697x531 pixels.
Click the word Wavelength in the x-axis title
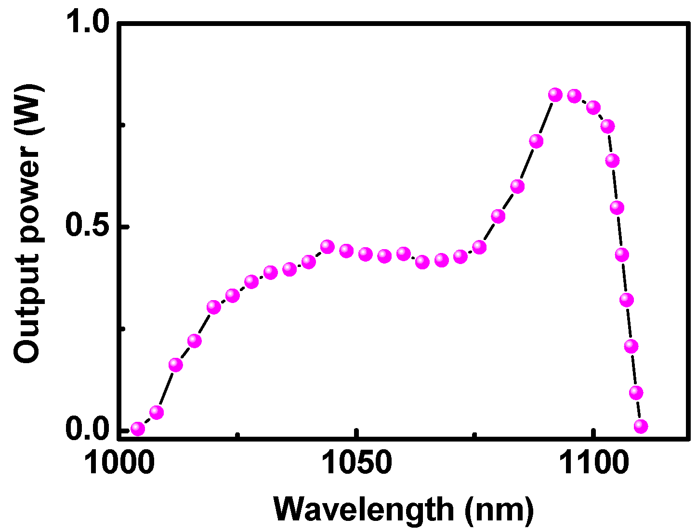364,509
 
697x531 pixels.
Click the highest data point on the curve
555,94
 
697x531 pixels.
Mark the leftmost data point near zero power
138,428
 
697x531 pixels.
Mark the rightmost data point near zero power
641,426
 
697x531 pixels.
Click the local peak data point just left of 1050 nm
328,247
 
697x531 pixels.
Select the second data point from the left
157,412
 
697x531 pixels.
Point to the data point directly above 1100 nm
593,107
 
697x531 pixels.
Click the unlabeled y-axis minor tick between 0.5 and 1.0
122,125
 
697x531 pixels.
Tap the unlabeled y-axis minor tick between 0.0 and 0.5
122,329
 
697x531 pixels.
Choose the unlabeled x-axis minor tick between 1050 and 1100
475,435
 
